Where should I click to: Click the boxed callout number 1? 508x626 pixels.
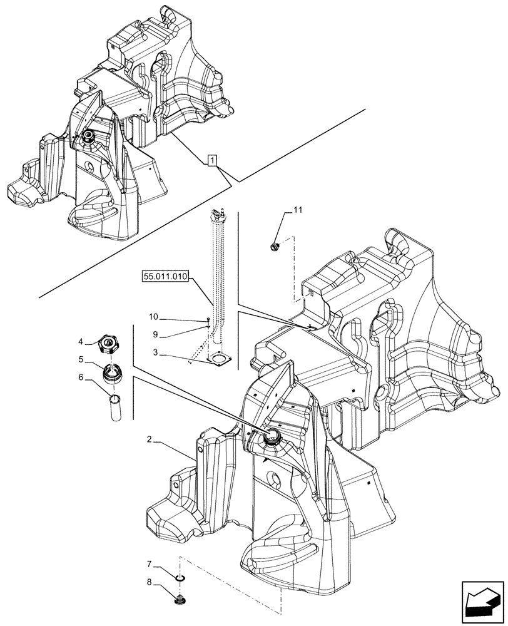213,162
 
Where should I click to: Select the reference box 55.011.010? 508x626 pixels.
165,276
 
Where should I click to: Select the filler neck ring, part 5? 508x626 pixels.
112,374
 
